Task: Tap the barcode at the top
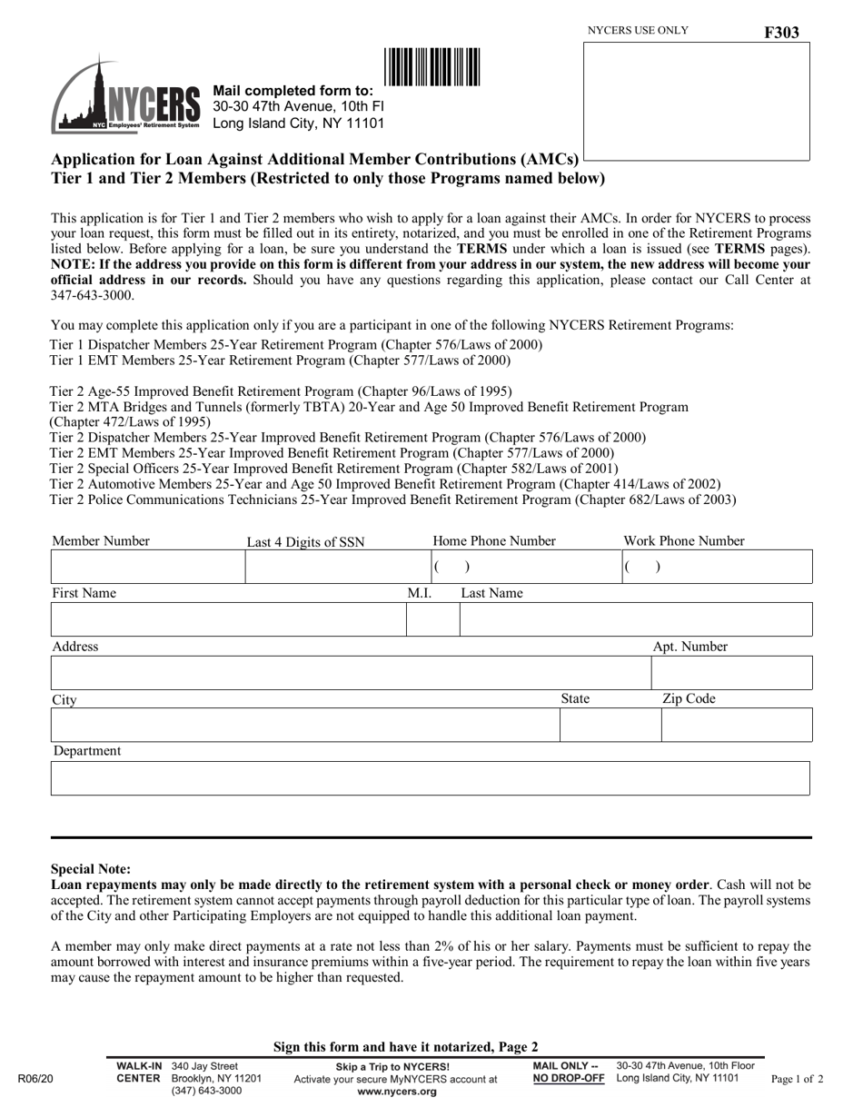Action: point(431,67)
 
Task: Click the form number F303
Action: point(781,33)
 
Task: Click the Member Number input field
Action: point(147,567)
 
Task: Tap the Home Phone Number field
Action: point(524,567)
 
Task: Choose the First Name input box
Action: point(228,619)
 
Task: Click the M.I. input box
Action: point(432,619)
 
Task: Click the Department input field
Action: point(430,778)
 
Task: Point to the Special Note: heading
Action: point(91,868)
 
